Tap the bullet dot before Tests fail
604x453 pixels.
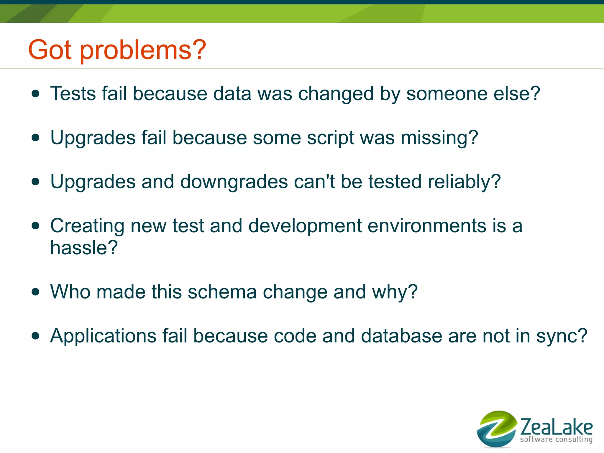pos(35,94)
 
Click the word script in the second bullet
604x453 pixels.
pos(330,138)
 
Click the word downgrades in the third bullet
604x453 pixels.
pos(234,182)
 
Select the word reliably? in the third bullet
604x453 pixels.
pos(464,182)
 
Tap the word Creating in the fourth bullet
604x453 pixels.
pos(87,226)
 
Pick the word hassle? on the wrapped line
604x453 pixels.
pos(84,248)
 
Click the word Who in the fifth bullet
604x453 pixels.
pos(70,292)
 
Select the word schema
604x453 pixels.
pos(222,292)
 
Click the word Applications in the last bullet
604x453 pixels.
pos(103,336)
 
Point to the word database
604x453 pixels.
pos(401,336)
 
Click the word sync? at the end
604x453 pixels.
pos(562,336)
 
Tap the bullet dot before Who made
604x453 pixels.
pos(35,292)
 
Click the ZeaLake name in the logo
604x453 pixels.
pos(556,427)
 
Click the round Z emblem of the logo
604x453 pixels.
pos(497,429)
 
